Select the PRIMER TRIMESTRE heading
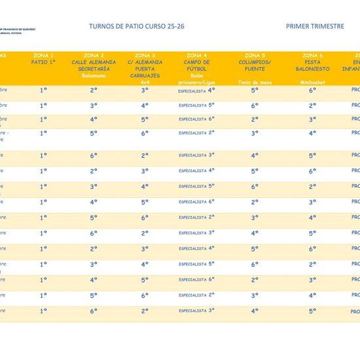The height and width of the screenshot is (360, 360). click(x=315, y=27)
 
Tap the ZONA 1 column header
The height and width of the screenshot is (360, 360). click(x=43, y=55)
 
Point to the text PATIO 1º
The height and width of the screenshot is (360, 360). click(x=43, y=62)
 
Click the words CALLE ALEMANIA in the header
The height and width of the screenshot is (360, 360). click(x=94, y=62)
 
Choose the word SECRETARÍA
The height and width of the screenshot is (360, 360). click(x=94, y=69)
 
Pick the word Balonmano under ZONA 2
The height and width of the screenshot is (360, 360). click(x=94, y=76)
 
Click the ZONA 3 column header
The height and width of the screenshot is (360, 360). click(x=145, y=55)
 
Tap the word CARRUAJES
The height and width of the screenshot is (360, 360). click(x=145, y=76)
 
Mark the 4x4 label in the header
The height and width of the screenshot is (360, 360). click(x=145, y=83)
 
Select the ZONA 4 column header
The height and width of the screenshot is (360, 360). click(x=197, y=55)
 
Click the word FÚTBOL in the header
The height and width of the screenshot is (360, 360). click(x=197, y=69)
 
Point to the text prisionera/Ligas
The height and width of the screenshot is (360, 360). click(x=197, y=83)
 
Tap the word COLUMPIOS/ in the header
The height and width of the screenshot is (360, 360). click(x=255, y=62)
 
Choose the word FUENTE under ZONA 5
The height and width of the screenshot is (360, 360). click(x=255, y=69)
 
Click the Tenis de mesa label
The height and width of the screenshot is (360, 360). click(x=255, y=83)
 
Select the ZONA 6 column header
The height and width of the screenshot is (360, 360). click(x=313, y=55)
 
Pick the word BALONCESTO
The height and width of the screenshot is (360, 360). click(x=313, y=69)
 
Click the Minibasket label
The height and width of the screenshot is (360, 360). click(x=313, y=83)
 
